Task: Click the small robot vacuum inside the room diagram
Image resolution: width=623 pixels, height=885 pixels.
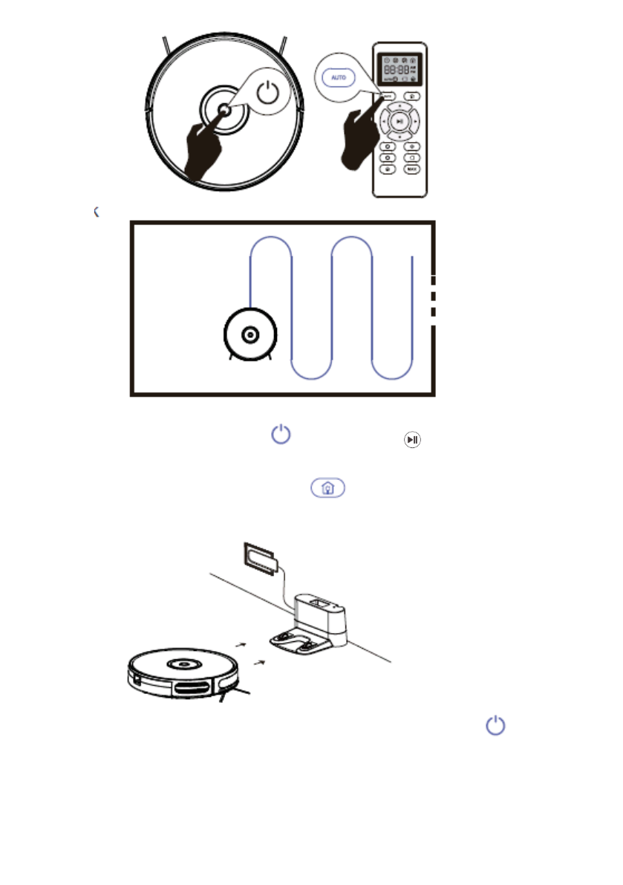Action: pyautogui.click(x=250, y=336)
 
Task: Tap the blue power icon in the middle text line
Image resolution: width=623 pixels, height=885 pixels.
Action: pyautogui.click(x=280, y=435)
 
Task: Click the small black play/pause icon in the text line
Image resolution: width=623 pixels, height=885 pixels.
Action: pyautogui.click(x=412, y=440)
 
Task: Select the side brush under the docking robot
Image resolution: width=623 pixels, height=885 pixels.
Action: pyautogui.click(x=238, y=696)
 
